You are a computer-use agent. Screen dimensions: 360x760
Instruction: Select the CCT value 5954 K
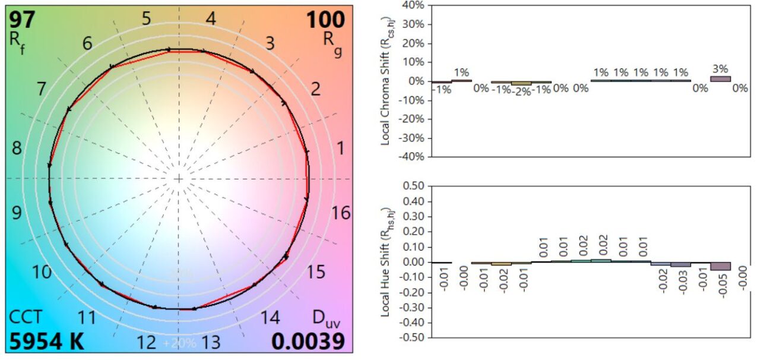click(46, 341)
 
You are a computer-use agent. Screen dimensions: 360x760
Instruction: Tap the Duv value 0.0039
click(308, 341)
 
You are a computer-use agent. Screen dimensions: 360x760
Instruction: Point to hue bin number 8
click(17, 149)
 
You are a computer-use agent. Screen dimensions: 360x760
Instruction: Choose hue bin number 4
click(210, 18)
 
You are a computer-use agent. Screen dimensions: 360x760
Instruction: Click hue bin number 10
click(42, 272)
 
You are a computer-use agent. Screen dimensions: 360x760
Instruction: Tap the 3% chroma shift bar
click(720, 78)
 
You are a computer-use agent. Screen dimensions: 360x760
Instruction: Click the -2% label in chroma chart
click(521, 91)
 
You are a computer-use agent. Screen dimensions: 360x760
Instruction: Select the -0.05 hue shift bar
click(720, 266)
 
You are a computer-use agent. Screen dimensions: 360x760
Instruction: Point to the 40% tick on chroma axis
click(412, 5)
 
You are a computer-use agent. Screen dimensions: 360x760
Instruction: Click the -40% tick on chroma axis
click(411, 157)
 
